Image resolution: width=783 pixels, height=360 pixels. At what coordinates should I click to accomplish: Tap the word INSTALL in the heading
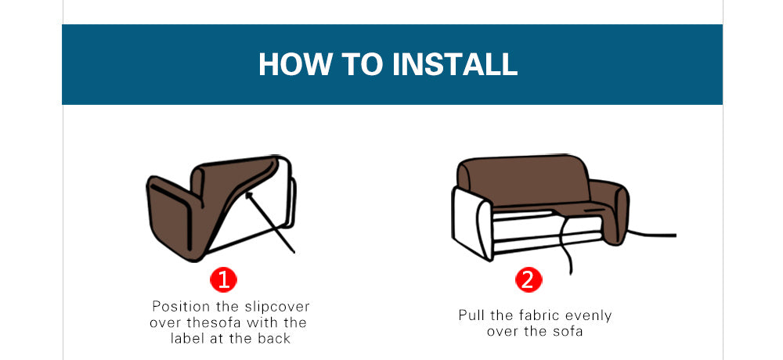tap(455, 64)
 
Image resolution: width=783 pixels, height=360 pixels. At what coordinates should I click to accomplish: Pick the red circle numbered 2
tap(527, 279)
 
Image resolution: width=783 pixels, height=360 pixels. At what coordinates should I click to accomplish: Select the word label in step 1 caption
tap(190, 338)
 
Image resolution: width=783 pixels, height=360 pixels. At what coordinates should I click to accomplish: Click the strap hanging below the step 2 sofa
tap(566, 250)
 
